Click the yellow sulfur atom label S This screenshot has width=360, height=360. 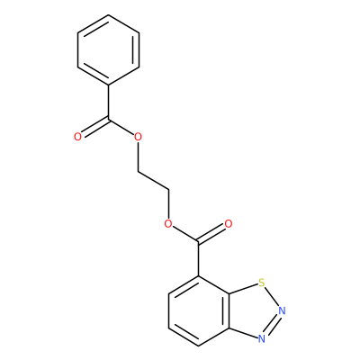point(262,283)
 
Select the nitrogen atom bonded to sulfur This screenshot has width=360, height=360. point(282,310)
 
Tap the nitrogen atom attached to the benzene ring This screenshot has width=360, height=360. point(262,338)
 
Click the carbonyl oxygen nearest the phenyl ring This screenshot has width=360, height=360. point(77,137)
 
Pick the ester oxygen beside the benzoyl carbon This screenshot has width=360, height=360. point(138,137)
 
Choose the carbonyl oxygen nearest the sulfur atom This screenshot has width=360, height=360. point(229,224)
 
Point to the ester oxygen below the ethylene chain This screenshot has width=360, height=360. point(168,224)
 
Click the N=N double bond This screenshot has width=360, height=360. point(272,325)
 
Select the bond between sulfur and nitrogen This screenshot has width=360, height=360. point(272,296)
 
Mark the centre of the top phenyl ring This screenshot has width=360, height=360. point(108,49)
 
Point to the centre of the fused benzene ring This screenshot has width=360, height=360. point(199,310)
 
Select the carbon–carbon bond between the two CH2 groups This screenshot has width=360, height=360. point(153,181)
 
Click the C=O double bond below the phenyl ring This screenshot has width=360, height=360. point(94,128)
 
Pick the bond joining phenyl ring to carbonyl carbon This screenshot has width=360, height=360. point(108,102)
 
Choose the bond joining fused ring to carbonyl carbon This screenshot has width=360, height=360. point(198,258)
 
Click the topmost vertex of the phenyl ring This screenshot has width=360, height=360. point(108,14)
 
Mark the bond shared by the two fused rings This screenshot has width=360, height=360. point(229,310)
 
